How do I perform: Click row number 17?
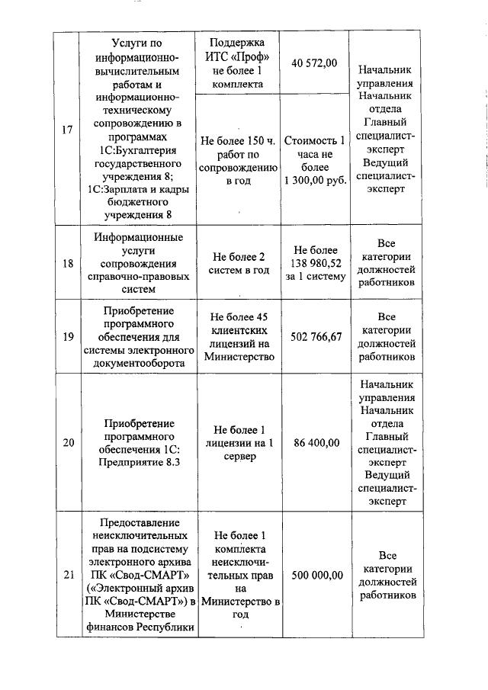(x=67, y=130)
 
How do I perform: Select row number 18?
(x=67, y=263)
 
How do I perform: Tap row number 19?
(x=67, y=336)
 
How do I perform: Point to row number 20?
(x=67, y=442)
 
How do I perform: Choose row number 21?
(x=67, y=575)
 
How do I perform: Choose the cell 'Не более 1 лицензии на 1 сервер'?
(x=238, y=442)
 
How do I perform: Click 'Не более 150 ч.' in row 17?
(x=238, y=140)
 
